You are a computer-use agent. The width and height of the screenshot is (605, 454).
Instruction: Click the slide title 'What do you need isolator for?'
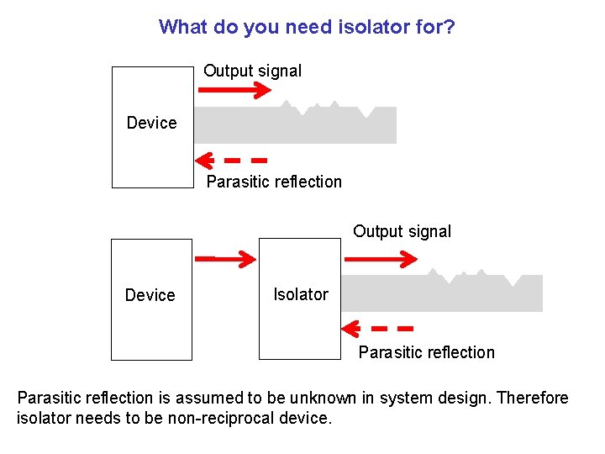tap(307, 27)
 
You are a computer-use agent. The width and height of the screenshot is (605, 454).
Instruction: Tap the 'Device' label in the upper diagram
tap(151, 123)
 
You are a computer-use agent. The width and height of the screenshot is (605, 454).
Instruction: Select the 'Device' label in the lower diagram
tap(150, 295)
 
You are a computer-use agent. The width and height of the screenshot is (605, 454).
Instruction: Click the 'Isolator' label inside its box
tap(300, 294)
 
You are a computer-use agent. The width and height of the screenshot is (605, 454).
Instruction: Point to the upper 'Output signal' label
tap(252, 71)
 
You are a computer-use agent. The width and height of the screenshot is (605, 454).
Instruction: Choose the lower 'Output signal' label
tap(402, 231)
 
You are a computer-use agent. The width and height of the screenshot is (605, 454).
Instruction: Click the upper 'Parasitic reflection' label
tap(274, 182)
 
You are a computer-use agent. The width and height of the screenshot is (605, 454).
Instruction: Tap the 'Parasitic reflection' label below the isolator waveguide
tap(426, 352)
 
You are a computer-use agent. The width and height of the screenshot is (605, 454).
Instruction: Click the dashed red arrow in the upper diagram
tap(231, 159)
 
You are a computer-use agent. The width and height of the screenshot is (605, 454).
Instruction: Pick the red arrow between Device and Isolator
tap(224, 257)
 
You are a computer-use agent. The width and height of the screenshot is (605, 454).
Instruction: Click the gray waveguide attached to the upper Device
tap(294, 125)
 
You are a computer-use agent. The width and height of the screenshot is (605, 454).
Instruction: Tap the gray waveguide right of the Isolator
tap(441, 293)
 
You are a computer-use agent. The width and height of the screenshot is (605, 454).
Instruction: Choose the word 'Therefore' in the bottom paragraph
tap(533, 398)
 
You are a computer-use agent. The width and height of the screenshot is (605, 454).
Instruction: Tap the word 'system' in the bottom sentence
tap(406, 398)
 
